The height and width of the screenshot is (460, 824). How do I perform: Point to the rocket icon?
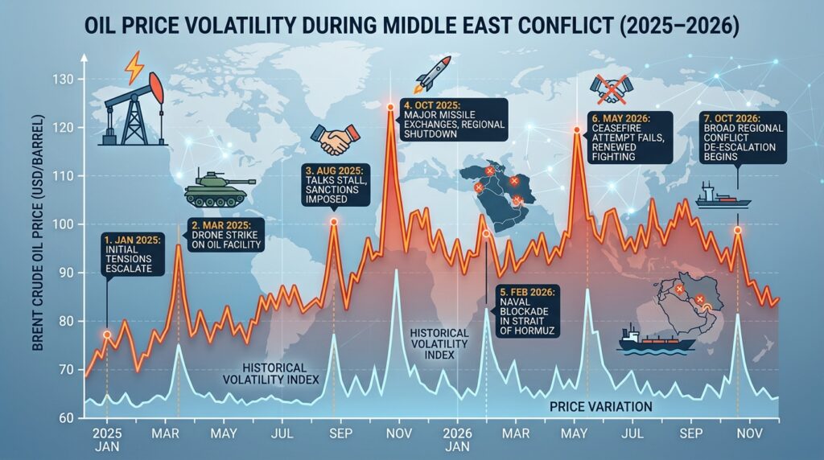[428, 74]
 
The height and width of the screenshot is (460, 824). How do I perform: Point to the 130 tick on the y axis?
[64, 79]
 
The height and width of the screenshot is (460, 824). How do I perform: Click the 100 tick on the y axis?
[64, 224]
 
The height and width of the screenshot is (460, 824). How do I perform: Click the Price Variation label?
[600, 407]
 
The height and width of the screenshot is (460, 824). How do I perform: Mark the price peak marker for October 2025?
[390, 106]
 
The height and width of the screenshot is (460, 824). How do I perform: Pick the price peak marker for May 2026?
[576, 129]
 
